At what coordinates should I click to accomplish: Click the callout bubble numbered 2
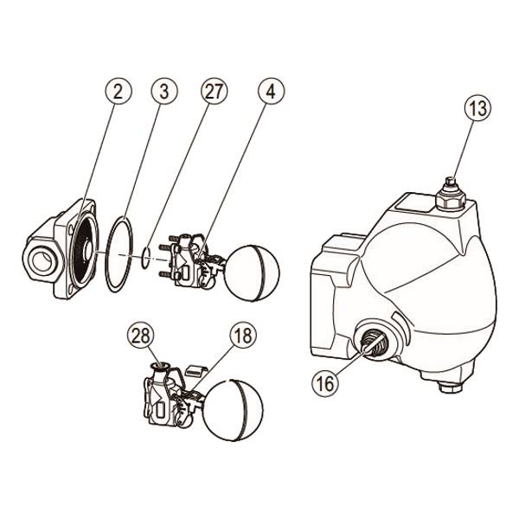pos(119,91)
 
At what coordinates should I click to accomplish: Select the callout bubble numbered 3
pos(164,91)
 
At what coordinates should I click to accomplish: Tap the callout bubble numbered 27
pos(215,91)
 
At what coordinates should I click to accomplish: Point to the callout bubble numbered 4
pos(271,91)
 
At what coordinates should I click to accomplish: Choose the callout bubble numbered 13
pos(477,108)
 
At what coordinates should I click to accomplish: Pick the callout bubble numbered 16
pos(325,383)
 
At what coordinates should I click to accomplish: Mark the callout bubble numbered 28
pos(141,336)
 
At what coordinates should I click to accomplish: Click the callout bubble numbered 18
pos(243,336)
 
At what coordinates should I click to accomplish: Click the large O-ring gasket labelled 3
pos(106,254)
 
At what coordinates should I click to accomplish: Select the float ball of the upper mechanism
pos(252,272)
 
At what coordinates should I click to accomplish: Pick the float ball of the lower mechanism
pos(233,410)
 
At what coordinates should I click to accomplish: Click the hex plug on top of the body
pos(452,197)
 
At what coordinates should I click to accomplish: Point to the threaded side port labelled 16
pos(375,340)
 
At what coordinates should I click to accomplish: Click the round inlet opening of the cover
pos(42,261)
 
